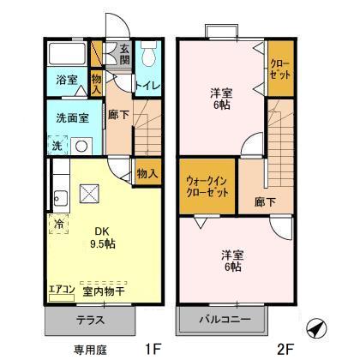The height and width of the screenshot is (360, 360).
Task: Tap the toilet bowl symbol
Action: point(147,57)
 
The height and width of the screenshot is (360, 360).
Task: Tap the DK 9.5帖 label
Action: point(99,236)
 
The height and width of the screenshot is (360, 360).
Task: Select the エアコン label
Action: point(62,290)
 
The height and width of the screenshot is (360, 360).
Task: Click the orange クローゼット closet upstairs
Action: point(279,69)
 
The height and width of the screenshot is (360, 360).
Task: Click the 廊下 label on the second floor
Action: point(265,203)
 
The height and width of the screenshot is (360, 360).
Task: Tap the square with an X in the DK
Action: point(89,194)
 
